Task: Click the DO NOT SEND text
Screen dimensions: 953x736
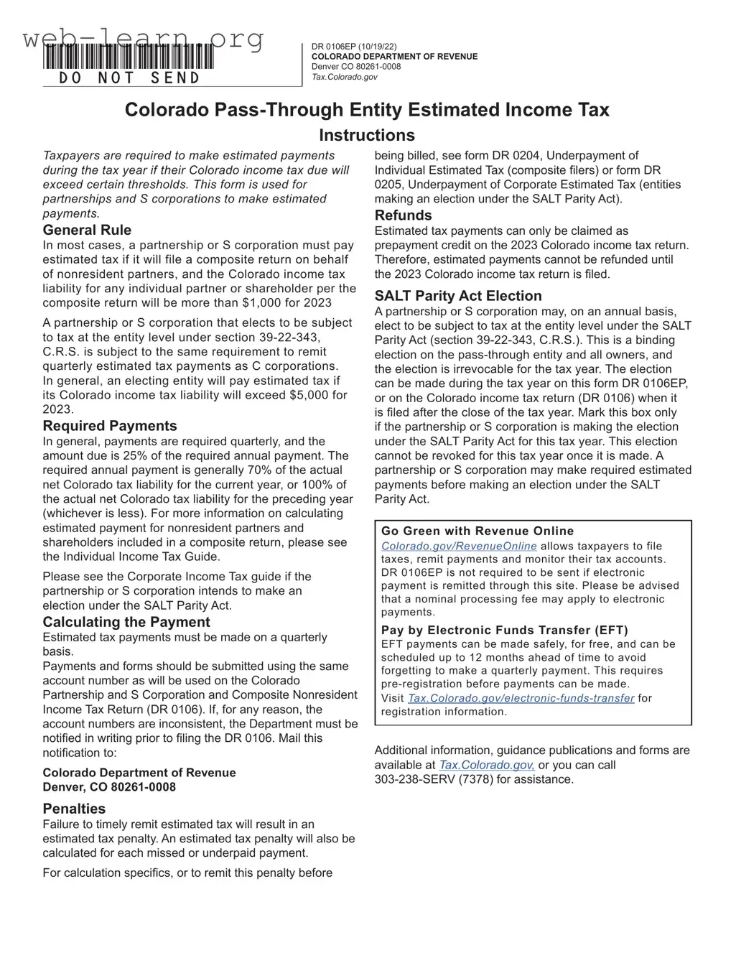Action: [129, 78]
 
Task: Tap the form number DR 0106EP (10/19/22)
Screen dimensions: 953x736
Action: [353, 47]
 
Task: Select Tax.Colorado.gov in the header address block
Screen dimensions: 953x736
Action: [344, 77]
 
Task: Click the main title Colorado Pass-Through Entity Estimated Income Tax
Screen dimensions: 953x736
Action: [367, 110]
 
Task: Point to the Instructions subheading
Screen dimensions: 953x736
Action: [367, 135]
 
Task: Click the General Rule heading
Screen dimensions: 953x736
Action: [87, 230]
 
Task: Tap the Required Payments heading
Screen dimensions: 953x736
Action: [110, 426]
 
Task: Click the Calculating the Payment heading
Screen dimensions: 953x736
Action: [126, 622]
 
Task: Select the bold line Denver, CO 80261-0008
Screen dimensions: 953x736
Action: [109, 786]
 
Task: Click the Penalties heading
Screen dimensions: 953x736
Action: [74, 809]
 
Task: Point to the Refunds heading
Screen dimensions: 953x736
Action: [403, 215]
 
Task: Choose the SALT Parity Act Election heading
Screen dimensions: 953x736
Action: [458, 296]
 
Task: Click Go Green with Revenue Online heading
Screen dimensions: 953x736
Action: [478, 531]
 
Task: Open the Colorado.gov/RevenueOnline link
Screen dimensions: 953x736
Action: [459, 547]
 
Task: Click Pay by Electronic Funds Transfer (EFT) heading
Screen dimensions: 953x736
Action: [505, 631]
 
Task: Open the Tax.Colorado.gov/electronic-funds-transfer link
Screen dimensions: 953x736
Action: [521, 698]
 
